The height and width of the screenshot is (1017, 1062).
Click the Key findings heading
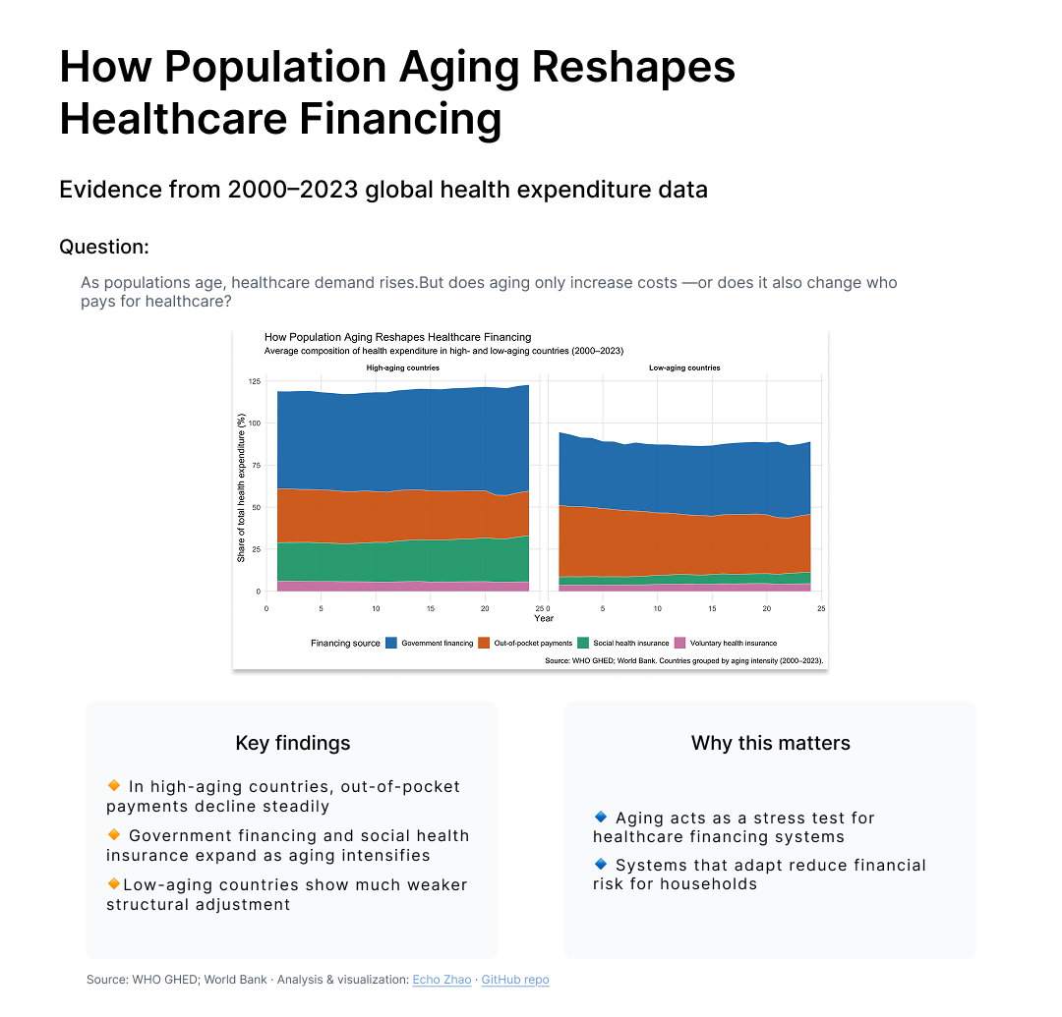pos(292,743)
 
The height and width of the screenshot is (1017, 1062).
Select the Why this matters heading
pos(770,743)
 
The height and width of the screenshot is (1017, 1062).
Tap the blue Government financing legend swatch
pos(391,643)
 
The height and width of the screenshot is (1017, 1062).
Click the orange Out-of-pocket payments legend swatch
pos(484,643)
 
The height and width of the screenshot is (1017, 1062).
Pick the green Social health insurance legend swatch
pos(583,643)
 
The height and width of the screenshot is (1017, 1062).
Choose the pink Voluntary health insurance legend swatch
pos(679,643)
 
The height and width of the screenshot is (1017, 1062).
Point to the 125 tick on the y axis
pos(255,381)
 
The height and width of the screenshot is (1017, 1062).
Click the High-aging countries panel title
pos(402,367)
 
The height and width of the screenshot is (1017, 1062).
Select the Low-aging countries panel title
pos(684,367)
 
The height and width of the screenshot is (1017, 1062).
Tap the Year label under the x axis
pos(544,618)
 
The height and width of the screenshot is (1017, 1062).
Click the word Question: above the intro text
pos(104,247)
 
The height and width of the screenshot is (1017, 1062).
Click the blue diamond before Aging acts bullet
pos(601,817)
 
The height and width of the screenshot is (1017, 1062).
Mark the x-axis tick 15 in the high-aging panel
pos(431,608)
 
